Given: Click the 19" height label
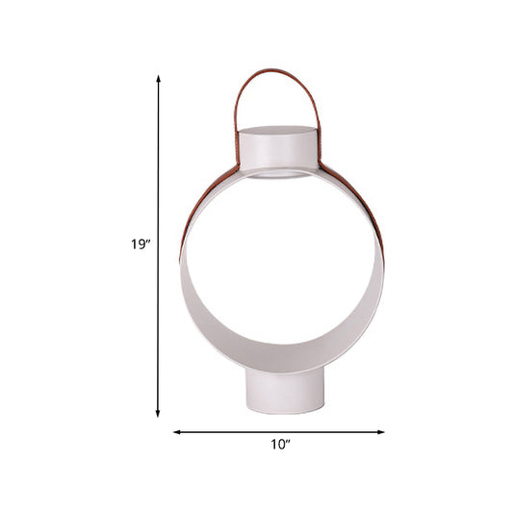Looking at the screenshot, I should [141, 244].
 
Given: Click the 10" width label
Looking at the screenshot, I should [279, 445].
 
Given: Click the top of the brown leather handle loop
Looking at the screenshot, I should [275, 70].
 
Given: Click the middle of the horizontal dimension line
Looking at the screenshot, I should [279, 432].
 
